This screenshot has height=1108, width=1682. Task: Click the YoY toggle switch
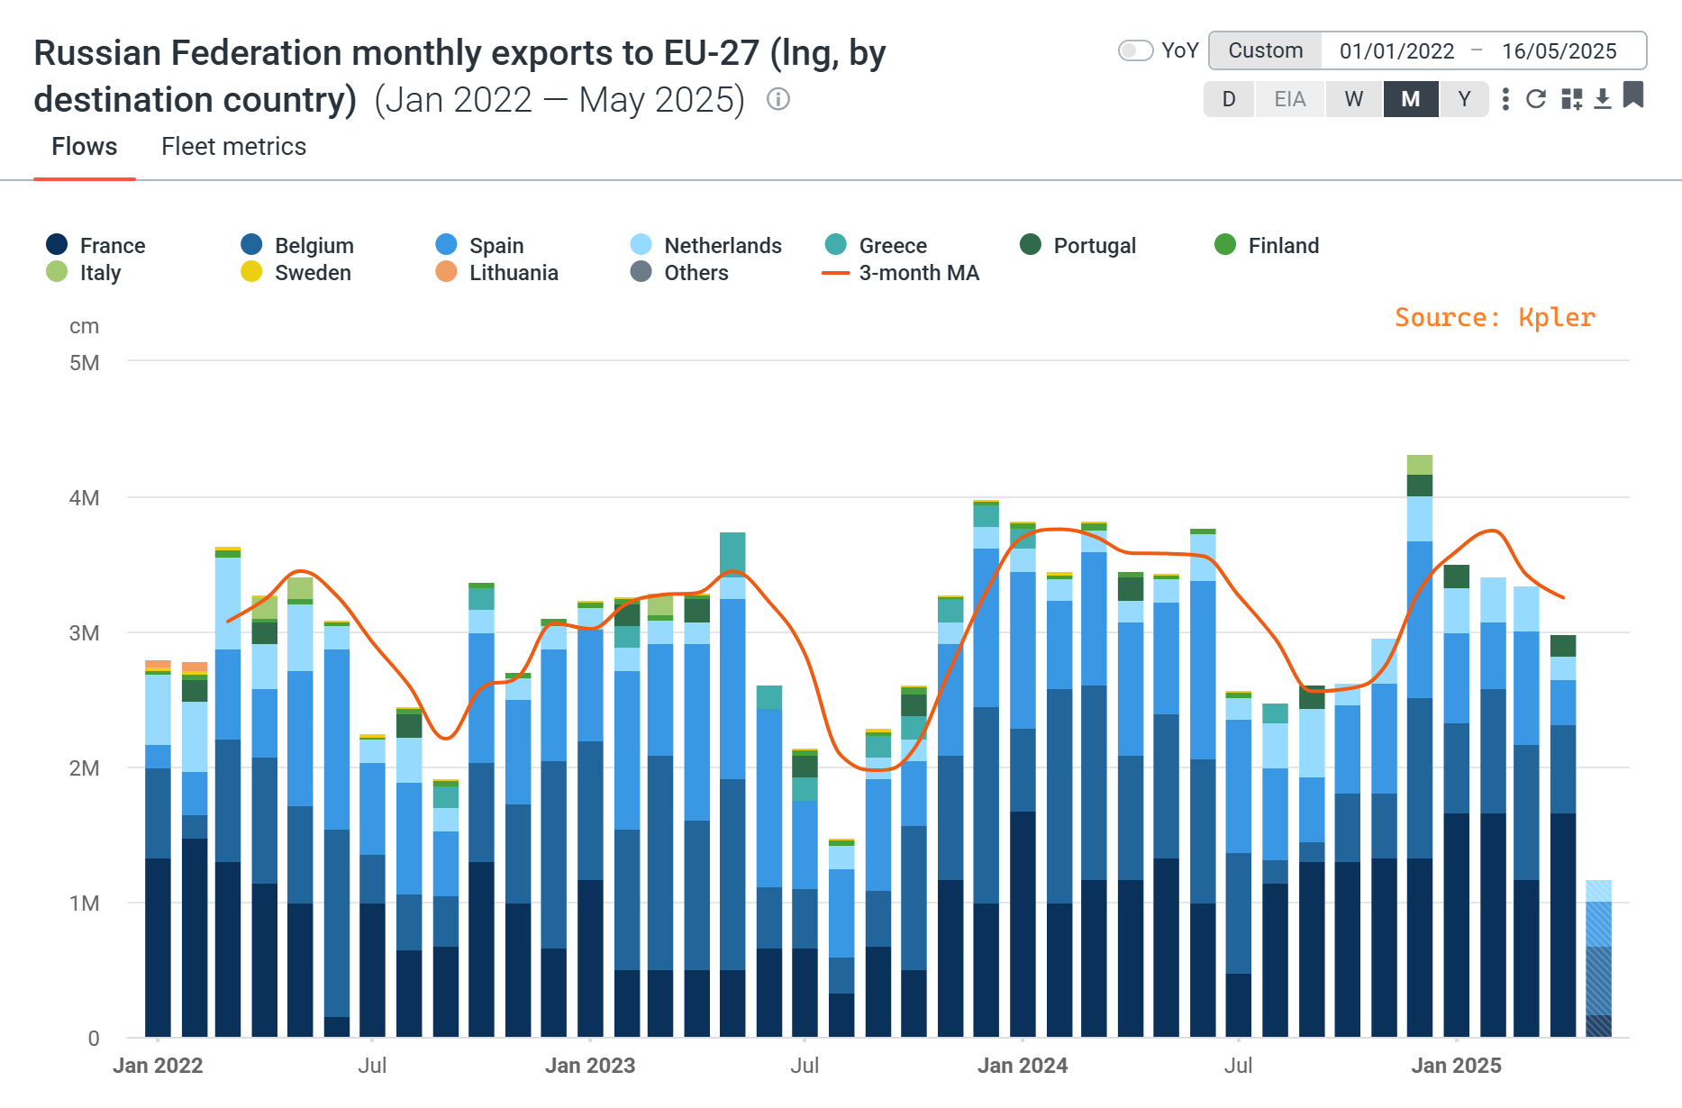coord(1135,50)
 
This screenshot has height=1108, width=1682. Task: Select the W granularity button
coord(1353,99)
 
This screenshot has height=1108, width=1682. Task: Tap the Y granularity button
coord(1464,99)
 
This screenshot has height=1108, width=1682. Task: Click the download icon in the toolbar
coord(1602,99)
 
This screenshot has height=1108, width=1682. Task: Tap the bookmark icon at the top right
coord(1633,95)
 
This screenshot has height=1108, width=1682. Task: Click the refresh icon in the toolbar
coord(1536,99)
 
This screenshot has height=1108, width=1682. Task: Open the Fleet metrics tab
coord(233,147)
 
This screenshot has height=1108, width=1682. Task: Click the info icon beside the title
coord(778,99)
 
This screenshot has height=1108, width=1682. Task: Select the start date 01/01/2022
coord(1396,51)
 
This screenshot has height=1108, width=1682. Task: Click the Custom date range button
coord(1265,51)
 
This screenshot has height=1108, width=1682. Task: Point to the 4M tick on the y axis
coord(85,498)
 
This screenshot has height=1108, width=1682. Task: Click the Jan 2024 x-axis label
coord(1023,1066)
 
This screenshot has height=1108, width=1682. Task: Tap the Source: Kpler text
coord(1495,318)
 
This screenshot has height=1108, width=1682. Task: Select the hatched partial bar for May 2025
coord(1598,959)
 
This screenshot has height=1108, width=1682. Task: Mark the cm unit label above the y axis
coord(84,327)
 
